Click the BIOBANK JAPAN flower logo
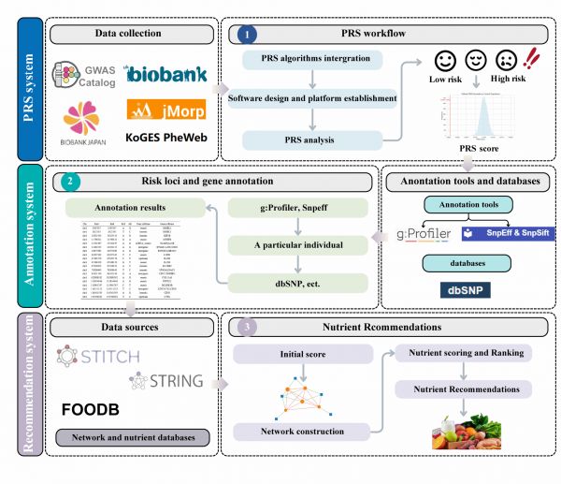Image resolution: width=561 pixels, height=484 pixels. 80,120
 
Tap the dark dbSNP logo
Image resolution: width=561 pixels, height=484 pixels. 467,291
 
